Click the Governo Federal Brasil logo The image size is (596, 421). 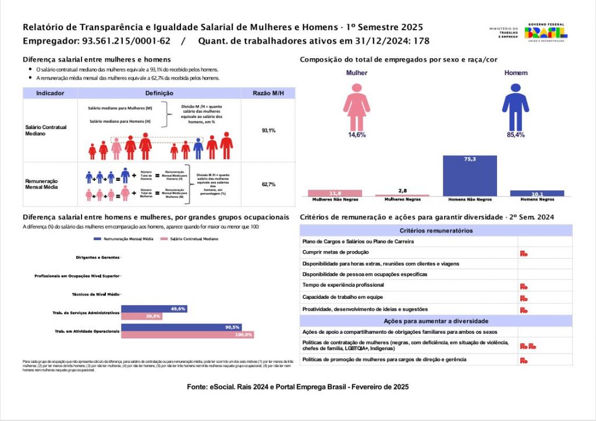click(547, 34)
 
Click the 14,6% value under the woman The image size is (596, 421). click(357, 135)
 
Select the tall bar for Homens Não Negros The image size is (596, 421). click(470, 176)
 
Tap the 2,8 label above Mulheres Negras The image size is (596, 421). click(402, 190)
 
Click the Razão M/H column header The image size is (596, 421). click(268, 93)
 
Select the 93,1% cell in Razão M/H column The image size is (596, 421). click(268, 130)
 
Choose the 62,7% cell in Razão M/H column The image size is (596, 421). click(268, 184)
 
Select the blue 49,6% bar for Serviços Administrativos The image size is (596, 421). click(154, 309)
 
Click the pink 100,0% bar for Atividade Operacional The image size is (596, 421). click(187, 335)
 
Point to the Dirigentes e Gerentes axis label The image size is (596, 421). click(98, 257)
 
